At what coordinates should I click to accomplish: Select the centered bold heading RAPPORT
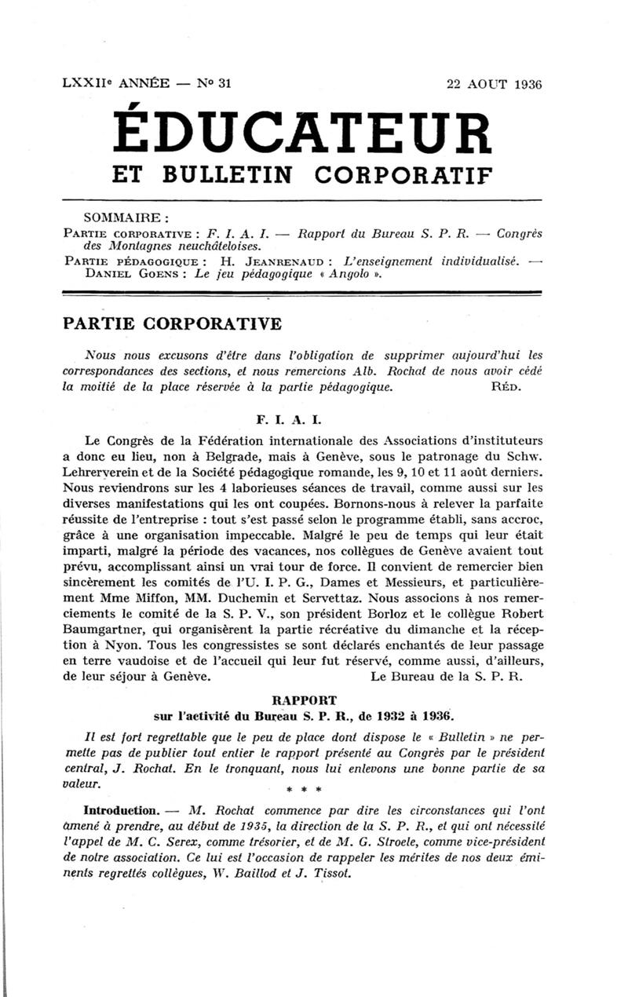pyautogui.click(x=302, y=699)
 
